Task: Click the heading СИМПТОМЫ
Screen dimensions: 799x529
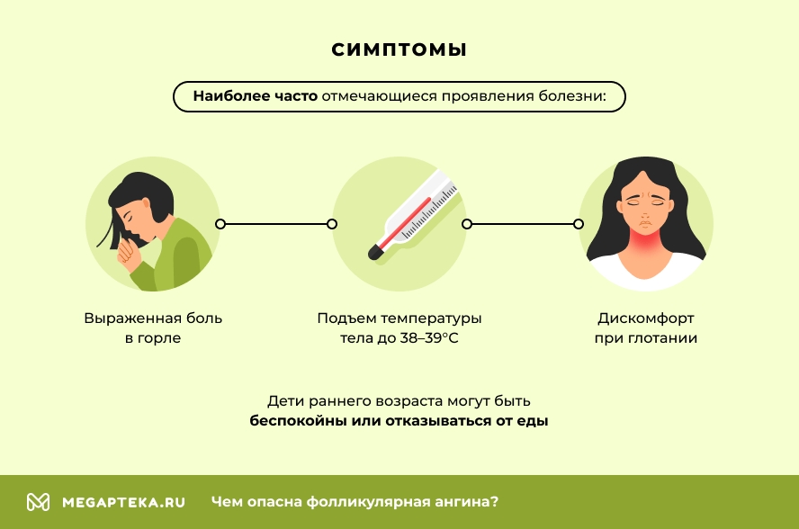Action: pos(399,49)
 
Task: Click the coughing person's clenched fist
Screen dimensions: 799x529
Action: pos(131,258)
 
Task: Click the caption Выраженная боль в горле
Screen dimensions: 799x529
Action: pos(153,328)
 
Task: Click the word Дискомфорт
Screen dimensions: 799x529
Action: pos(646,318)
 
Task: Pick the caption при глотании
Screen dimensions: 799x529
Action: pos(646,339)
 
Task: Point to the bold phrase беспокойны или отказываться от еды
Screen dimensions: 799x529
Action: pos(399,420)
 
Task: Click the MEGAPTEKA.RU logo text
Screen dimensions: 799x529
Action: pos(123,502)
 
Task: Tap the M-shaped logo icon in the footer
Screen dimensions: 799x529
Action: pos(38,502)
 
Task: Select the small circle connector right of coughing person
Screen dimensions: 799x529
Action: pos(220,224)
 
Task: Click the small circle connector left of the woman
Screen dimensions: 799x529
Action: pos(579,224)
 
